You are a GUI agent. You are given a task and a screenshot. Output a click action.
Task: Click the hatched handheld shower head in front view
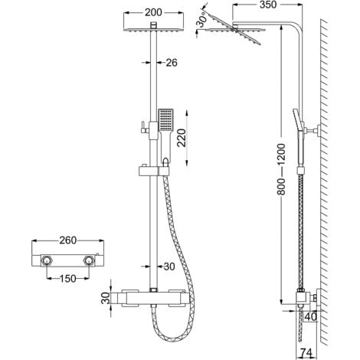coord(166,122)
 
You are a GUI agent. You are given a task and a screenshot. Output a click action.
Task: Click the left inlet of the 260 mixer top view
coord(47,261)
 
